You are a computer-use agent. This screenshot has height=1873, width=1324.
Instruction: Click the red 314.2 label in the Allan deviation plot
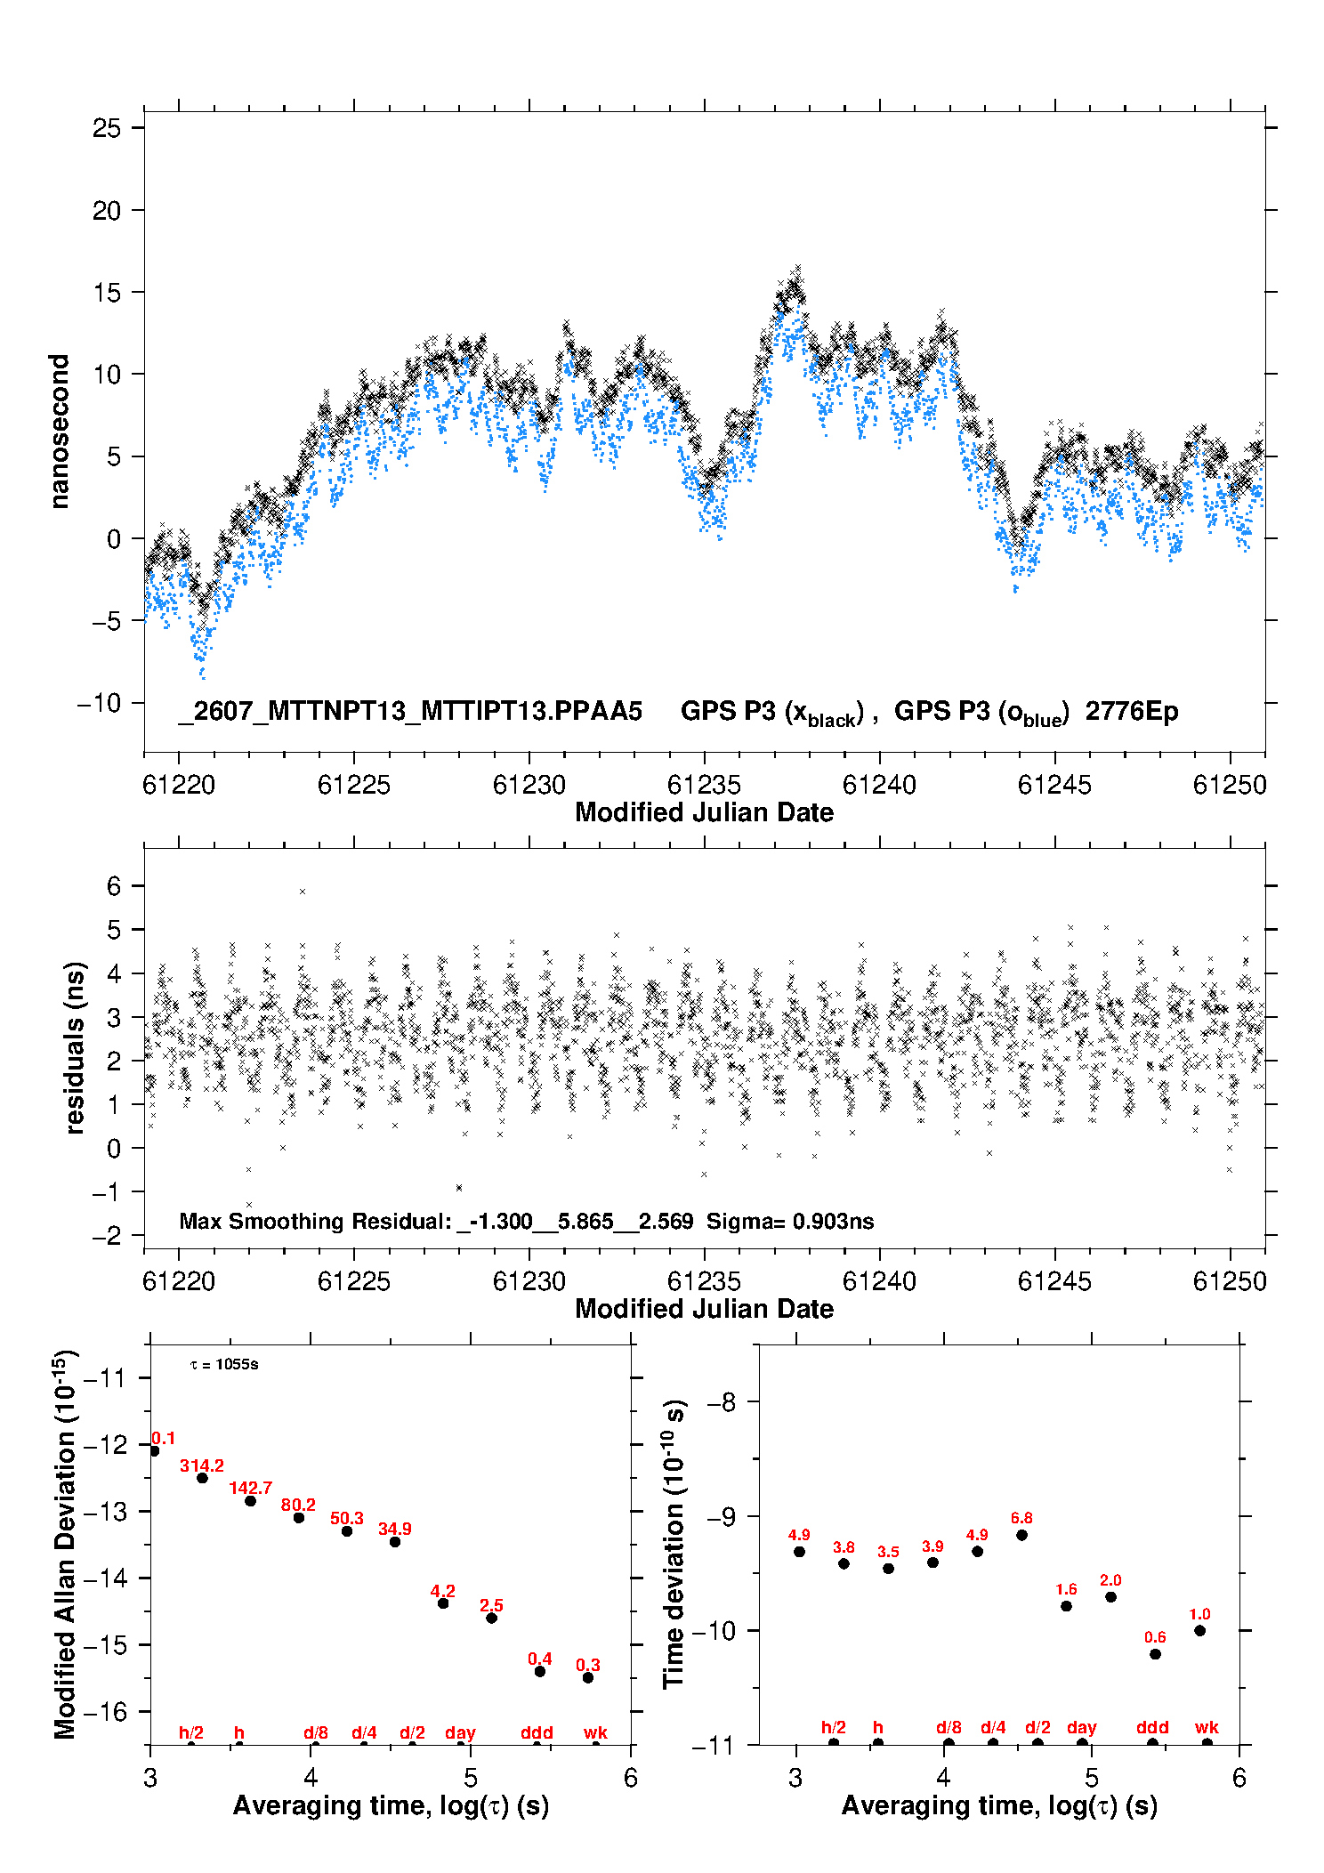(202, 1465)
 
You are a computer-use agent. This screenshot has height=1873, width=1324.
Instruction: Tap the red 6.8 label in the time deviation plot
(1021, 1518)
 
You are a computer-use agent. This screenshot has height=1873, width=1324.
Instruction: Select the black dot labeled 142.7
(251, 1501)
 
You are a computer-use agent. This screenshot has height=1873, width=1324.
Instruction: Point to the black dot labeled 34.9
(395, 1542)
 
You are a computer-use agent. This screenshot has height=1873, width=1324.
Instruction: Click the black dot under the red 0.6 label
(1155, 1654)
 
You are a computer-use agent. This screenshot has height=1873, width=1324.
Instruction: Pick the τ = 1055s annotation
(224, 1365)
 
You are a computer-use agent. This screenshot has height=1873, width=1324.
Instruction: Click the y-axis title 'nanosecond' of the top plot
(59, 432)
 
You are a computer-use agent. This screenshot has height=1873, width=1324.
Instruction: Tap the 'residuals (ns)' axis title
(75, 1048)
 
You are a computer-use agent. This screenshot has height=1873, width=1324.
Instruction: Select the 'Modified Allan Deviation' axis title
(65, 1545)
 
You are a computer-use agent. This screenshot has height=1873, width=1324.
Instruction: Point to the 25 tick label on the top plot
(107, 128)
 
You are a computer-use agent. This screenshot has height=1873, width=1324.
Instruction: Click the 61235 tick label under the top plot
(704, 785)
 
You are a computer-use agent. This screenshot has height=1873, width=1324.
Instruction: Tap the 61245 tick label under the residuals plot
(1054, 1281)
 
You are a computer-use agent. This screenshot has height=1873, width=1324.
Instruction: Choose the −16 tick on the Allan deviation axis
(106, 1711)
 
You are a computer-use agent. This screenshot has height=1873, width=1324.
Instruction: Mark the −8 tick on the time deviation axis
(722, 1402)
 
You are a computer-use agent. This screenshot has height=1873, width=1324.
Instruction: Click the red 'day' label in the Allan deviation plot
(460, 1733)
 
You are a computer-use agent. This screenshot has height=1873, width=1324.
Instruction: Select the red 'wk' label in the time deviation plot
(1207, 1728)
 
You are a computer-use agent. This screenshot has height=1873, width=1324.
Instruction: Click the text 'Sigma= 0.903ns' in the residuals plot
(790, 1222)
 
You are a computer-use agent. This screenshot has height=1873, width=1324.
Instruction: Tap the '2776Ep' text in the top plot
(1132, 712)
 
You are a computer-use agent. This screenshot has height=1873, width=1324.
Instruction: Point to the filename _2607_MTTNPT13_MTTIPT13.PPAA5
(410, 712)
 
